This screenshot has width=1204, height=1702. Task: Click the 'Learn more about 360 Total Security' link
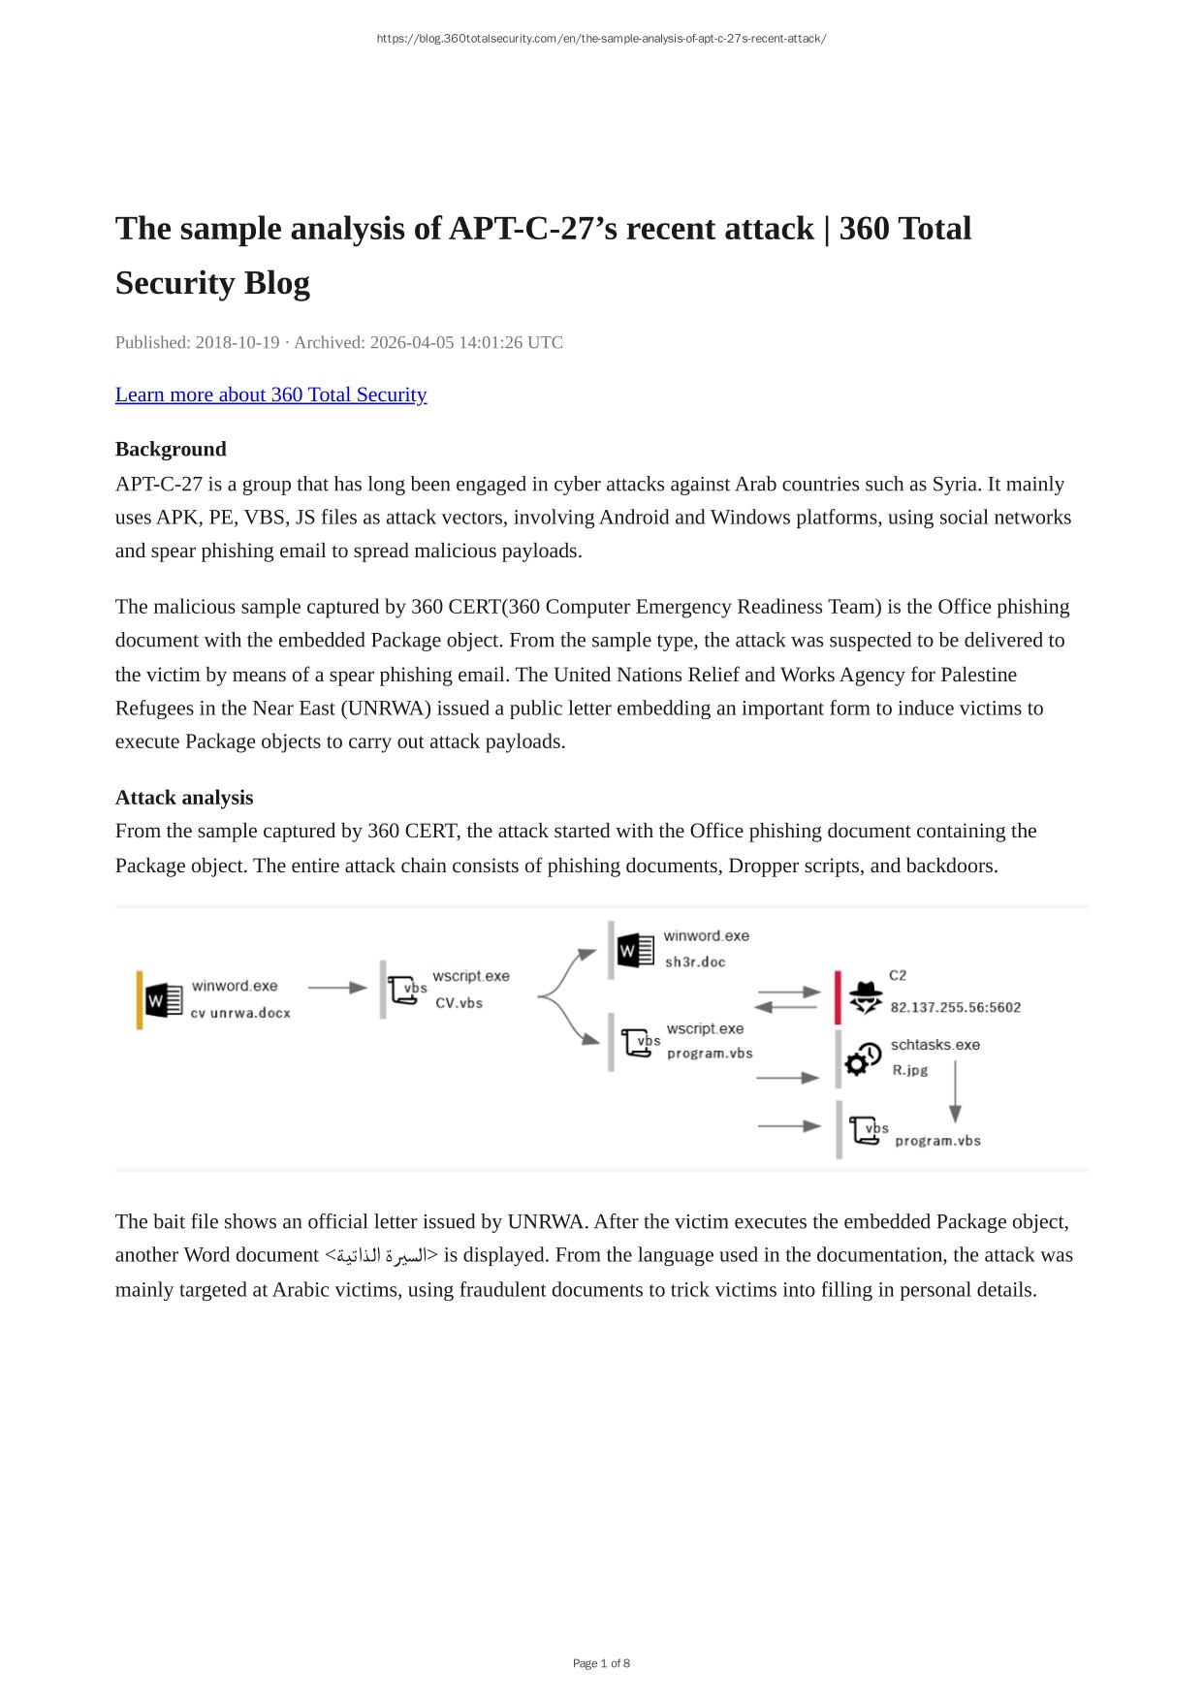point(270,394)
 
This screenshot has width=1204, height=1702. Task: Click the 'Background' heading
point(171,449)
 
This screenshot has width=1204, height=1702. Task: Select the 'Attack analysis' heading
point(184,798)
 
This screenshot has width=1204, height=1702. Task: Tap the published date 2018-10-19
point(237,342)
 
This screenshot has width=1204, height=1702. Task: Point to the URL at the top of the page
point(601,39)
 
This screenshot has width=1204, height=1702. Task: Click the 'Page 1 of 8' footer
point(601,1663)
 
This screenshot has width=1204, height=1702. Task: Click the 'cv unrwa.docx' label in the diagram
point(240,1013)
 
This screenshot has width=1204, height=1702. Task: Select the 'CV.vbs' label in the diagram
point(459,1003)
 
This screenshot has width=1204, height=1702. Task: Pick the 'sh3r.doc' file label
point(695,962)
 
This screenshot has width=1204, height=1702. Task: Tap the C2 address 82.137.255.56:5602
point(955,1008)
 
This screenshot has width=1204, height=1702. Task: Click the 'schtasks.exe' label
point(935,1045)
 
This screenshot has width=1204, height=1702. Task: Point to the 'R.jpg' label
point(910,1070)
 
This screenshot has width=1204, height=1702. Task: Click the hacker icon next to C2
point(865,997)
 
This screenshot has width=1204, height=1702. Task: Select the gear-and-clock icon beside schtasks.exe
point(863,1058)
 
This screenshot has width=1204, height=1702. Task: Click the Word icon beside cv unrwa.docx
point(164,1000)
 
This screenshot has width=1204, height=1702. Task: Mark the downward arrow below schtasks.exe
point(955,1092)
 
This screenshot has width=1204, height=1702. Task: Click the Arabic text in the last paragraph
point(381,1256)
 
